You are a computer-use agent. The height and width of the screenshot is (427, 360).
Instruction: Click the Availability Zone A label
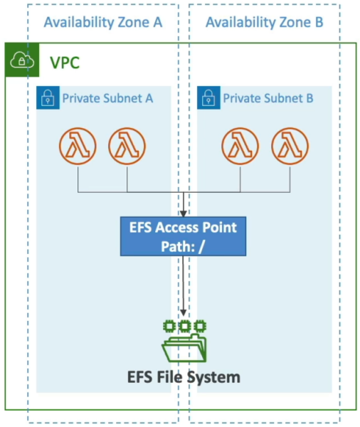point(103,23)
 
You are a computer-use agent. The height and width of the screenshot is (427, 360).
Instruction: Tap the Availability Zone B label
point(265,23)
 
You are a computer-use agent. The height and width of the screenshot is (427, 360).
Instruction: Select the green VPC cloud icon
point(22,60)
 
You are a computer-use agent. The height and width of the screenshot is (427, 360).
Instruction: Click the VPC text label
point(65,63)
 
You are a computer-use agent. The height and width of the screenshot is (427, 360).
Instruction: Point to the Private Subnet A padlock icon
point(48,97)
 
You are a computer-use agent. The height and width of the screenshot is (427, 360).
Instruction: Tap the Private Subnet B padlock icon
point(208,97)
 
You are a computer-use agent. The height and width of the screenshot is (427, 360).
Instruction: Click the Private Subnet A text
point(107,98)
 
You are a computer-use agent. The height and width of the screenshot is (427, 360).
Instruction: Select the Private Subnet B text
point(268,98)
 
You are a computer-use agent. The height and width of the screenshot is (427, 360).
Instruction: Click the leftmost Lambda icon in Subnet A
point(78,146)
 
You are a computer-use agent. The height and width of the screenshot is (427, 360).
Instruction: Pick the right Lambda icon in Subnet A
point(127,146)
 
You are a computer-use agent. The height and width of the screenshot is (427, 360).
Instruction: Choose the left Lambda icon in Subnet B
point(240,146)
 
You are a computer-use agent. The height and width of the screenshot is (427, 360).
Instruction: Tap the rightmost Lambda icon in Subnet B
point(290,146)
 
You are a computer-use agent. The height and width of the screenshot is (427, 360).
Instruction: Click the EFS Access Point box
point(184,236)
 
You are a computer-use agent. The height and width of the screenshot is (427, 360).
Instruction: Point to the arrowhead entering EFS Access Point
point(184,213)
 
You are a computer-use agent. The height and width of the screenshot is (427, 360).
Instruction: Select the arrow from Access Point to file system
point(184,286)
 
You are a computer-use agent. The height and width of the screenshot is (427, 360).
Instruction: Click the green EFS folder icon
point(184,348)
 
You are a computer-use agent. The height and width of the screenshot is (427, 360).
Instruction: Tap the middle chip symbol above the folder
point(185,326)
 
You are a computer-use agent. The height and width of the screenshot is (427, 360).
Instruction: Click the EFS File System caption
point(184,377)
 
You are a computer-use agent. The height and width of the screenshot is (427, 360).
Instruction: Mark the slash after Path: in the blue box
point(201,247)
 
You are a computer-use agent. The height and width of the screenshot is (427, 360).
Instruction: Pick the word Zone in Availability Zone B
point(294,22)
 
